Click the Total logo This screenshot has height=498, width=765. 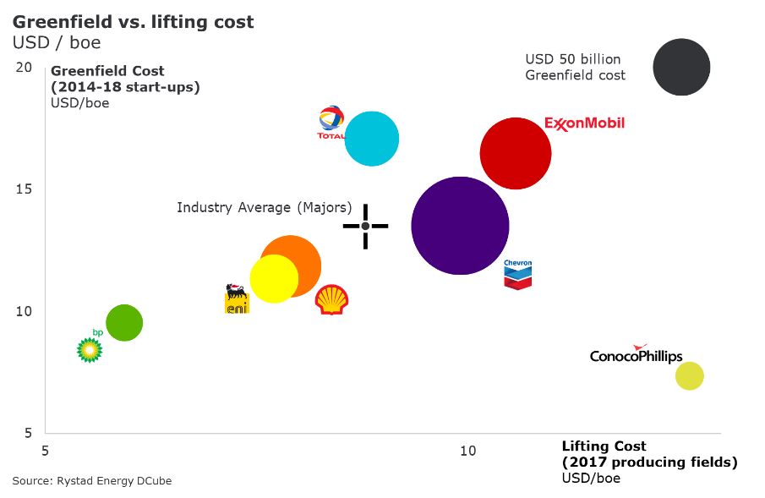click(331, 123)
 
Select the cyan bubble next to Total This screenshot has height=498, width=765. click(372, 139)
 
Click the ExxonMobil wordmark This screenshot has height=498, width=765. click(585, 123)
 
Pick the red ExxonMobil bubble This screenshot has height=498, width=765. click(516, 154)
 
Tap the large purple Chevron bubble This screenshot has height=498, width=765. click(460, 226)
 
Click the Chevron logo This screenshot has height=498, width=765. click(517, 274)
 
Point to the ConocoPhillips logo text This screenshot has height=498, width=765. click(636, 355)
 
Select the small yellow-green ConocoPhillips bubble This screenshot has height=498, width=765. click(690, 376)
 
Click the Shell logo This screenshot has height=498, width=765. click(331, 299)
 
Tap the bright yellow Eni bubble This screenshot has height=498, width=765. click(274, 278)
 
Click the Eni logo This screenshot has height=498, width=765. click(237, 299)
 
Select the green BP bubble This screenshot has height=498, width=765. click(124, 322)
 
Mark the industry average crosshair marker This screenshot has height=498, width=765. click(365, 226)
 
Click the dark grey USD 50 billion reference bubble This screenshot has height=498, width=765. click(681, 67)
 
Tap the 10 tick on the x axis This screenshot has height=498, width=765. click(467, 451)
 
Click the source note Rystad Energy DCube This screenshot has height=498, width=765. click(91, 481)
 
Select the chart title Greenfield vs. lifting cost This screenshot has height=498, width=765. click(133, 22)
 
